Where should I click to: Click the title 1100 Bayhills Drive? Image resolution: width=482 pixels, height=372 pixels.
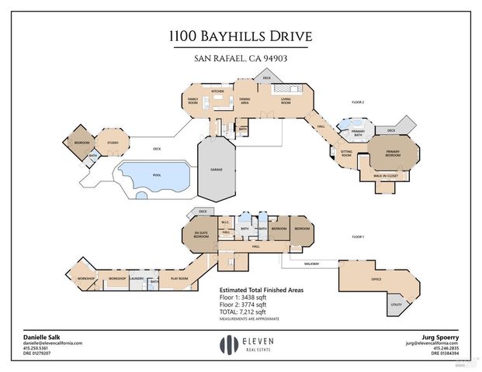tap(241, 36)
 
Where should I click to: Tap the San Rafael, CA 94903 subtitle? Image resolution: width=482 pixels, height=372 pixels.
tap(241, 58)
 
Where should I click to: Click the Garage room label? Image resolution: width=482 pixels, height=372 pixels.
tap(218, 168)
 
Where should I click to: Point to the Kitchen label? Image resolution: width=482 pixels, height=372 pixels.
tap(218, 91)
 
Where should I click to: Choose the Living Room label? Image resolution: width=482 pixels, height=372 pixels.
tap(285, 101)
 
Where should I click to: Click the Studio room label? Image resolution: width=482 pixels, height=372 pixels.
tap(113, 143)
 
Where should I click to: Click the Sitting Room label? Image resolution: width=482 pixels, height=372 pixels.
tap(346, 153)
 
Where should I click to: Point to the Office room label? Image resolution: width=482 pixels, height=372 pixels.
tap(377, 279)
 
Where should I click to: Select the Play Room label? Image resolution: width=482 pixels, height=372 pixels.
tap(179, 278)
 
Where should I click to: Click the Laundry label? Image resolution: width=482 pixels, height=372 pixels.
tap(138, 278)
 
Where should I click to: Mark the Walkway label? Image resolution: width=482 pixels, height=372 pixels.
tap(311, 264)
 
